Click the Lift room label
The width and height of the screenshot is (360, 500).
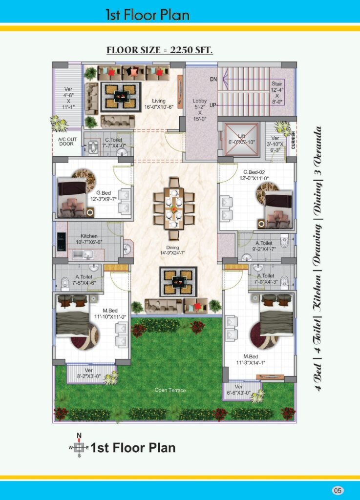tap(241, 136)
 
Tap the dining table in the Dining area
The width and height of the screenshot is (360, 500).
tap(174, 208)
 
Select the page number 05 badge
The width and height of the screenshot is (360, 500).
tap(338, 490)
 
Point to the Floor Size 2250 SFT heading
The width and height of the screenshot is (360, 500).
tap(159, 50)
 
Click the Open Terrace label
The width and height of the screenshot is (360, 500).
tap(170, 390)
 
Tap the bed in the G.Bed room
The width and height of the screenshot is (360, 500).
tap(72, 197)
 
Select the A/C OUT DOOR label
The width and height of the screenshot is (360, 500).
tap(67, 142)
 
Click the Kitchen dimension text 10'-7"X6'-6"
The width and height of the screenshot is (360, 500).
tap(89, 242)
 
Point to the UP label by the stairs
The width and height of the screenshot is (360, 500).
tap(213, 105)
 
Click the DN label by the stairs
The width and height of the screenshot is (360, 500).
tap(213, 79)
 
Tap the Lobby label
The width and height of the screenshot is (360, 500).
tap(200, 101)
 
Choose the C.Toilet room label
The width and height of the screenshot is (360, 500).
tap(113, 140)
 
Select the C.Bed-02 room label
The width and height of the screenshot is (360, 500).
tap(254, 172)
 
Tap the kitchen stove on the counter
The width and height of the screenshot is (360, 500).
tap(62, 242)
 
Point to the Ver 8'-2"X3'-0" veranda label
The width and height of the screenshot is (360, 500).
tap(88, 374)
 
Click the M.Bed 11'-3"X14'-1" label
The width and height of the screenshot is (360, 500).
tap(251, 359)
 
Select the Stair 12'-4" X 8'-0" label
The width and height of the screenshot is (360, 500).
tap(277, 93)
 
